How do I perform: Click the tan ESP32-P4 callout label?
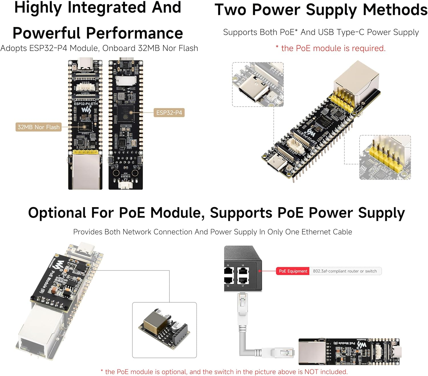[169, 113]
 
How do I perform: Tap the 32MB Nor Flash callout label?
[39, 127]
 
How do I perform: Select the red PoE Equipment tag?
[293, 271]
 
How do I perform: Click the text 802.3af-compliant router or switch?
[345, 271]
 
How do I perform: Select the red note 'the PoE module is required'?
[333, 48]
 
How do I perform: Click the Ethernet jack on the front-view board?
[85, 171]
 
